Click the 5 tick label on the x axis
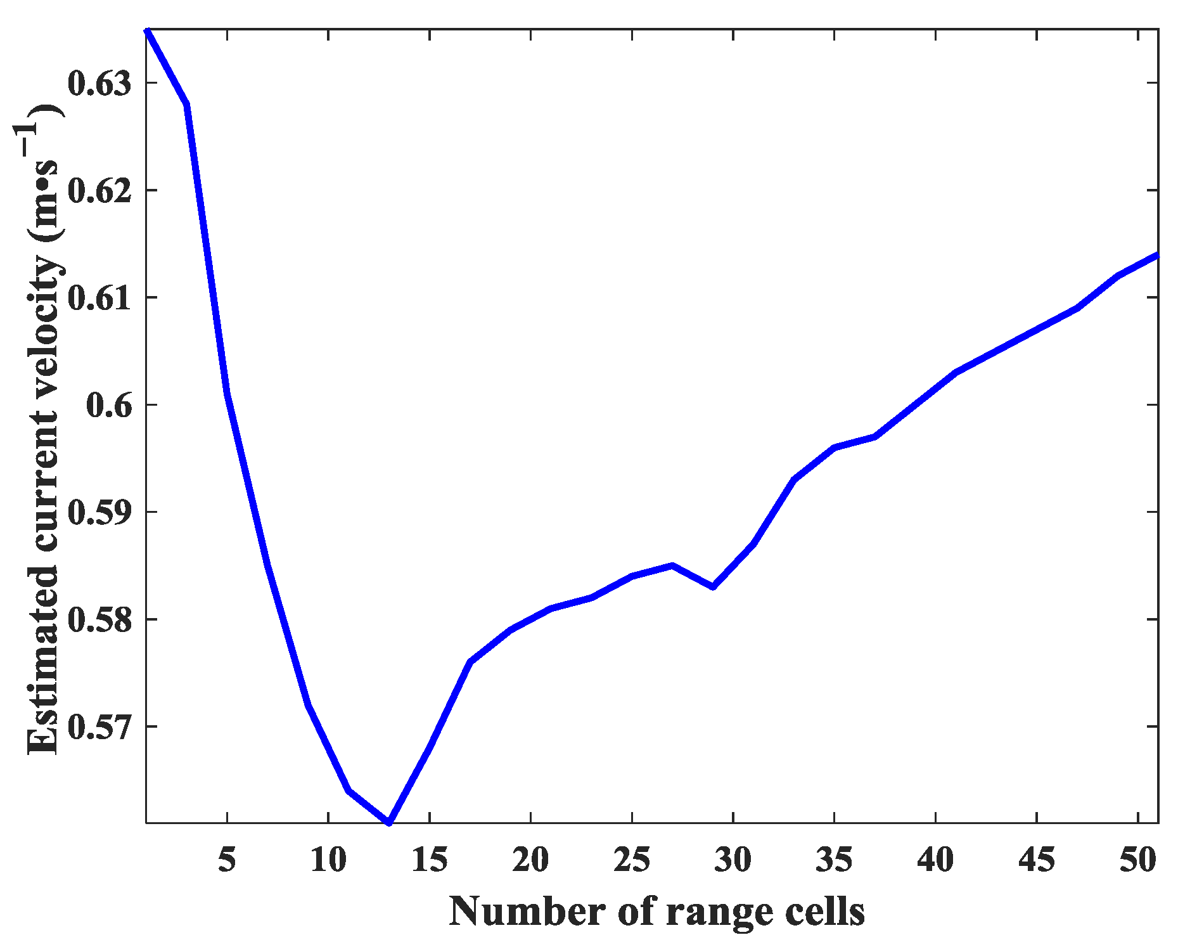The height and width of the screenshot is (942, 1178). pos(227,860)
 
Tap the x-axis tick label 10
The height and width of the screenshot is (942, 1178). pos(328,860)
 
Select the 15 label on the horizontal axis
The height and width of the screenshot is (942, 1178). pos(430,860)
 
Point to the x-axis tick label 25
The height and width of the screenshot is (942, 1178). pos(632,860)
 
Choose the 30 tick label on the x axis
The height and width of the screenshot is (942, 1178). pos(733,860)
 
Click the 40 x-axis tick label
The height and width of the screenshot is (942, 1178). pos(935,860)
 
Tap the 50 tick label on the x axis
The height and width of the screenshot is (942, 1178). pos(1138,860)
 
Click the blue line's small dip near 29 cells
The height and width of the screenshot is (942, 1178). pos(713,587)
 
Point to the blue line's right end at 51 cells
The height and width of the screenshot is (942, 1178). pos(1157,255)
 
